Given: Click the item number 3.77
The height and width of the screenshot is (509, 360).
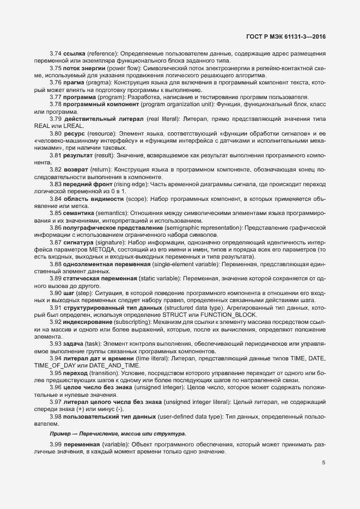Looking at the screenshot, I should (x=56, y=97).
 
